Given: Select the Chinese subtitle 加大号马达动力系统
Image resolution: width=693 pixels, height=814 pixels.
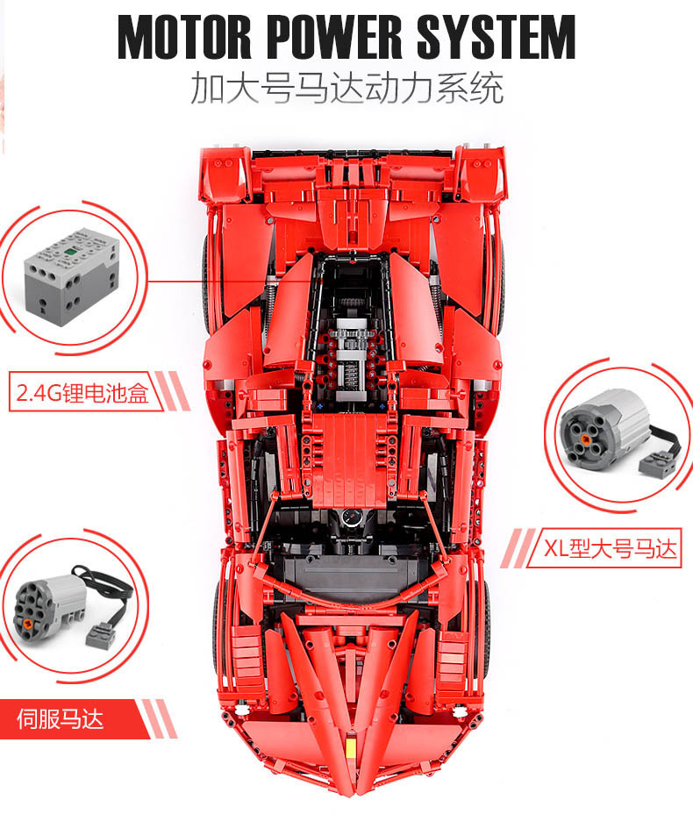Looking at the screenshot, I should (347, 89).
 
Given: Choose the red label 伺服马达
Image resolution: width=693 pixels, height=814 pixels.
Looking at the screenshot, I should (61, 719).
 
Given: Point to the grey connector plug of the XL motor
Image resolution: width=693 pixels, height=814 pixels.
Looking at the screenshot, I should (657, 461).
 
